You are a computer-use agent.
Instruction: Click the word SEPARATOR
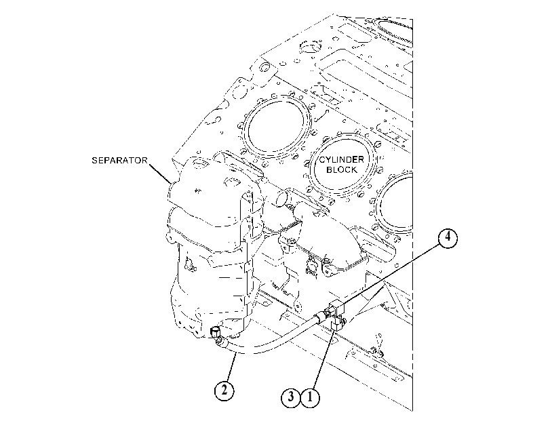(119, 160)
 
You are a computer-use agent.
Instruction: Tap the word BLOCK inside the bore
(342, 170)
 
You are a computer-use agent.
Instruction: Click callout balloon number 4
(448, 239)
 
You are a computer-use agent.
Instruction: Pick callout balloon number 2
(224, 390)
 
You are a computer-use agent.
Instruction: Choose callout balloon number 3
(291, 398)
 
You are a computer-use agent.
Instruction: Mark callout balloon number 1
(310, 398)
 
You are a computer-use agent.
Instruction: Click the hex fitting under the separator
(215, 332)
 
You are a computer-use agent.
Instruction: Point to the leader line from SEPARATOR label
(160, 173)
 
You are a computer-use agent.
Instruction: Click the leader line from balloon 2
(231, 367)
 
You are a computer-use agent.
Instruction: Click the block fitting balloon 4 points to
(336, 308)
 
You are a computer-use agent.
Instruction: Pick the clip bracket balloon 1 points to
(338, 323)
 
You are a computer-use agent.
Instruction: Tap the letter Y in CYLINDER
(328, 160)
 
